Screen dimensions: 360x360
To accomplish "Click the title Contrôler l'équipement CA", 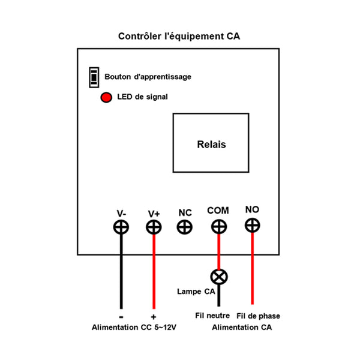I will click(x=179, y=36).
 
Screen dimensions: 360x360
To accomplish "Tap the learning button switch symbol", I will click(x=94, y=76).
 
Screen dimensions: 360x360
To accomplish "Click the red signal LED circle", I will click(x=106, y=97).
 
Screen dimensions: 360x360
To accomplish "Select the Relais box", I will click(x=211, y=143).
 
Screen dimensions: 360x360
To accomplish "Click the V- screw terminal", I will click(x=121, y=227).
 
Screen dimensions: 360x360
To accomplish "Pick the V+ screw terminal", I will click(x=154, y=227).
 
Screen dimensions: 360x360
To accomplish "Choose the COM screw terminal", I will click(x=218, y=227).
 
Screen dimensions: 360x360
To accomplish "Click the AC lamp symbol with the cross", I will click(x=218, y=276).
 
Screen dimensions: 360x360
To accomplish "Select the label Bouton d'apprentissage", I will click(x=148, y=77).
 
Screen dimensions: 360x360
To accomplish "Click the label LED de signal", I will click(x=142, y=97).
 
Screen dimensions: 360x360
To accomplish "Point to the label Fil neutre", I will click(x=212, y=316).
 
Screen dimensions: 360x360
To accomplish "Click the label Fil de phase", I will click(x=258, y=316).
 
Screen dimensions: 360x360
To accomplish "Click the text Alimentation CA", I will click(x=241, y=328).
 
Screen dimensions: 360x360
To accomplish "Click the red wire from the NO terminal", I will click(x=252, y=270).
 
